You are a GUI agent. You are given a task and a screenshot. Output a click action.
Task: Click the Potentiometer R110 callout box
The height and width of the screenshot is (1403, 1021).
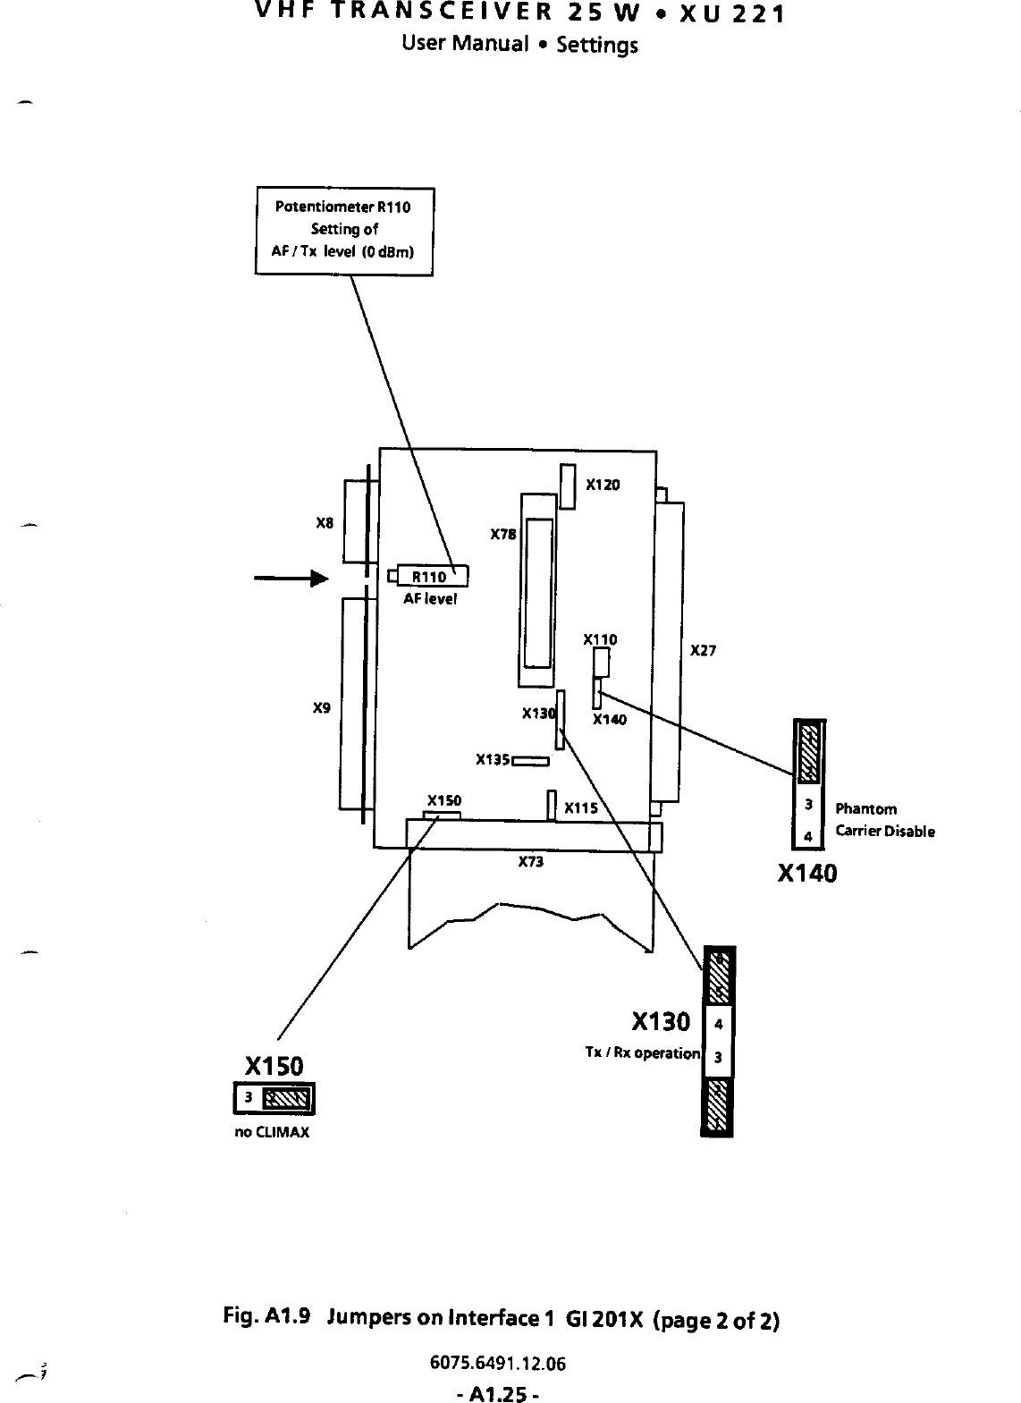344,231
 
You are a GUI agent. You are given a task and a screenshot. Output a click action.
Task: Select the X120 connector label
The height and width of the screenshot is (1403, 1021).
603,485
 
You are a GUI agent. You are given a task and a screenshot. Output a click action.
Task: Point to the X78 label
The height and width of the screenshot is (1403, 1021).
503,535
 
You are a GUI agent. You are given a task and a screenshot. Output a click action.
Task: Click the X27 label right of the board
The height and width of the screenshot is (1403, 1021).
704,651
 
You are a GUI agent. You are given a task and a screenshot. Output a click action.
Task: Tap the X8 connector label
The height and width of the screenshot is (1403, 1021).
325,523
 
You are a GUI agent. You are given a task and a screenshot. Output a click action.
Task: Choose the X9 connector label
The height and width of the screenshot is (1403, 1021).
322,708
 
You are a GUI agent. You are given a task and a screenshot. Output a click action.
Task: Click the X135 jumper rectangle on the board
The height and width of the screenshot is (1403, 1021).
529,761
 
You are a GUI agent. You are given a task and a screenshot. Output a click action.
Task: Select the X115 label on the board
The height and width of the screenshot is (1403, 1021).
581,808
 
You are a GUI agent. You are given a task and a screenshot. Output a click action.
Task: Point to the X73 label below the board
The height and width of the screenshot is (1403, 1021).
531,862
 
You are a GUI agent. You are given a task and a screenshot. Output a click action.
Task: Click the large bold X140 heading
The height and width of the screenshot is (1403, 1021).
807,874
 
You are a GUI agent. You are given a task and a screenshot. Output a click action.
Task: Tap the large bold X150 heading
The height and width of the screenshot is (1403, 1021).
274,1066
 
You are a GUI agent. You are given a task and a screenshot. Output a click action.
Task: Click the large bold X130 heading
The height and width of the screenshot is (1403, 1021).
661,1021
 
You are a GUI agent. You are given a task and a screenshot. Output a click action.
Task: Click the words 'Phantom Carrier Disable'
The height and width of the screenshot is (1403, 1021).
884,820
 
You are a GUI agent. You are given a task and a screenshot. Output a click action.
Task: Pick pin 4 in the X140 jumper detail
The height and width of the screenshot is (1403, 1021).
808,837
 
